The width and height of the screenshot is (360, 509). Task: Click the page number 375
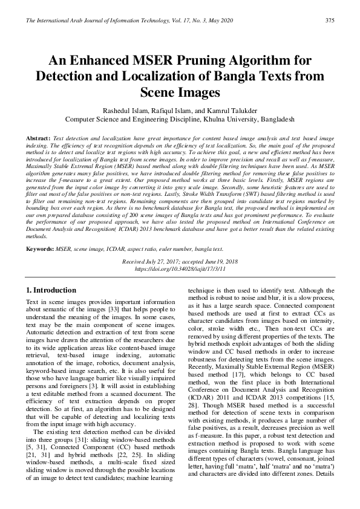[330, 21]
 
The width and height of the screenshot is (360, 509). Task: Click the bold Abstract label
[38, 138]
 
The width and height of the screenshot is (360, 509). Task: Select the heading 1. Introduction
[51, 291]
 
